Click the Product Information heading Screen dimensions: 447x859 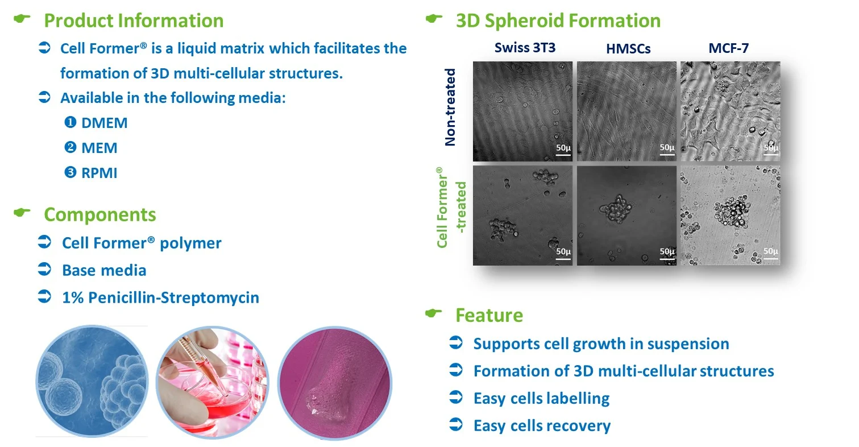pyautogui.click(x=134, y=21)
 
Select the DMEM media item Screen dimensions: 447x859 pyautogui.click(x=104, y=123)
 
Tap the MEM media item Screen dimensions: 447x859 pyautogui.click(x=99, y=148)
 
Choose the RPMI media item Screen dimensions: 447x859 pyautogui.click(x=99, y=173)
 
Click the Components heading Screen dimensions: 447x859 pyautogui.click(x=99, y=214)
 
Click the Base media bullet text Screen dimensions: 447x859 pyautogui.click(x=104, y=270)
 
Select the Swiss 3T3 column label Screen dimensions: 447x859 pyautogui.click(x=525, y=47)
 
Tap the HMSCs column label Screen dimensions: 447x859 pyautogui.click(x=628, y=49)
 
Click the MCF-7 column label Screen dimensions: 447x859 pyautogui.click(x=728, y=48)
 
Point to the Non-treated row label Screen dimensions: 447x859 pyautogui.click(x=451, y=107)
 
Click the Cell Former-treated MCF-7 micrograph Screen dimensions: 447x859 pyautogui.click(x=730, y=215)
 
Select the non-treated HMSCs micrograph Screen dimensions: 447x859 pyautogui.click(x=626, y=111)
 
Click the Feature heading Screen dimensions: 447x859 pyautogui.click(x=489, y=315)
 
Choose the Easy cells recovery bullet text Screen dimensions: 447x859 pyautogui.click(x=542, y=425)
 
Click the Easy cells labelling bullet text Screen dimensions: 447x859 pyautogui.click(x=541, y=398)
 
